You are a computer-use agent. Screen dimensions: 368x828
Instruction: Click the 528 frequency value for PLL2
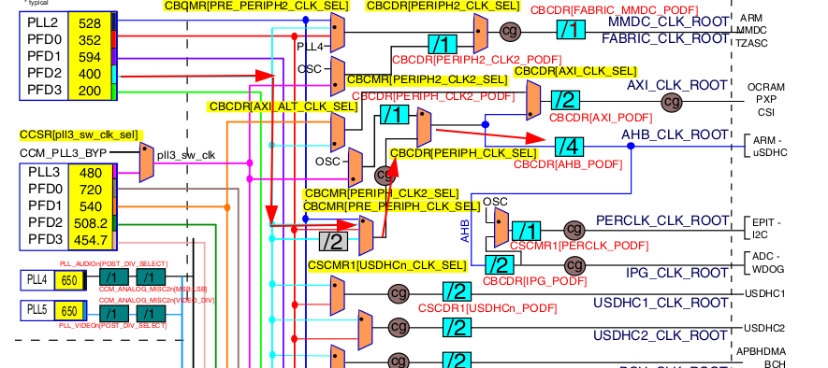[90, 23]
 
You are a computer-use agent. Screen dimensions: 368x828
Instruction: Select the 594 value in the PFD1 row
[90, 57]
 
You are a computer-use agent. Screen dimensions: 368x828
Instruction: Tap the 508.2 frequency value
[91, 223]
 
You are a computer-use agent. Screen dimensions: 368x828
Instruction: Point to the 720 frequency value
[91, 190]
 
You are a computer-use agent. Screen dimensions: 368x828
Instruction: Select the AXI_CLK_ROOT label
[676, 85]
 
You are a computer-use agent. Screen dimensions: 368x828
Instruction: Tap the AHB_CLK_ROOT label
[675, 134]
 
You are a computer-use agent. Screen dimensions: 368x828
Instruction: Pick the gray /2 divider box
[332, 242]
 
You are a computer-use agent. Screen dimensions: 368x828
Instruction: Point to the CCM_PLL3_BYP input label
[64, 152]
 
